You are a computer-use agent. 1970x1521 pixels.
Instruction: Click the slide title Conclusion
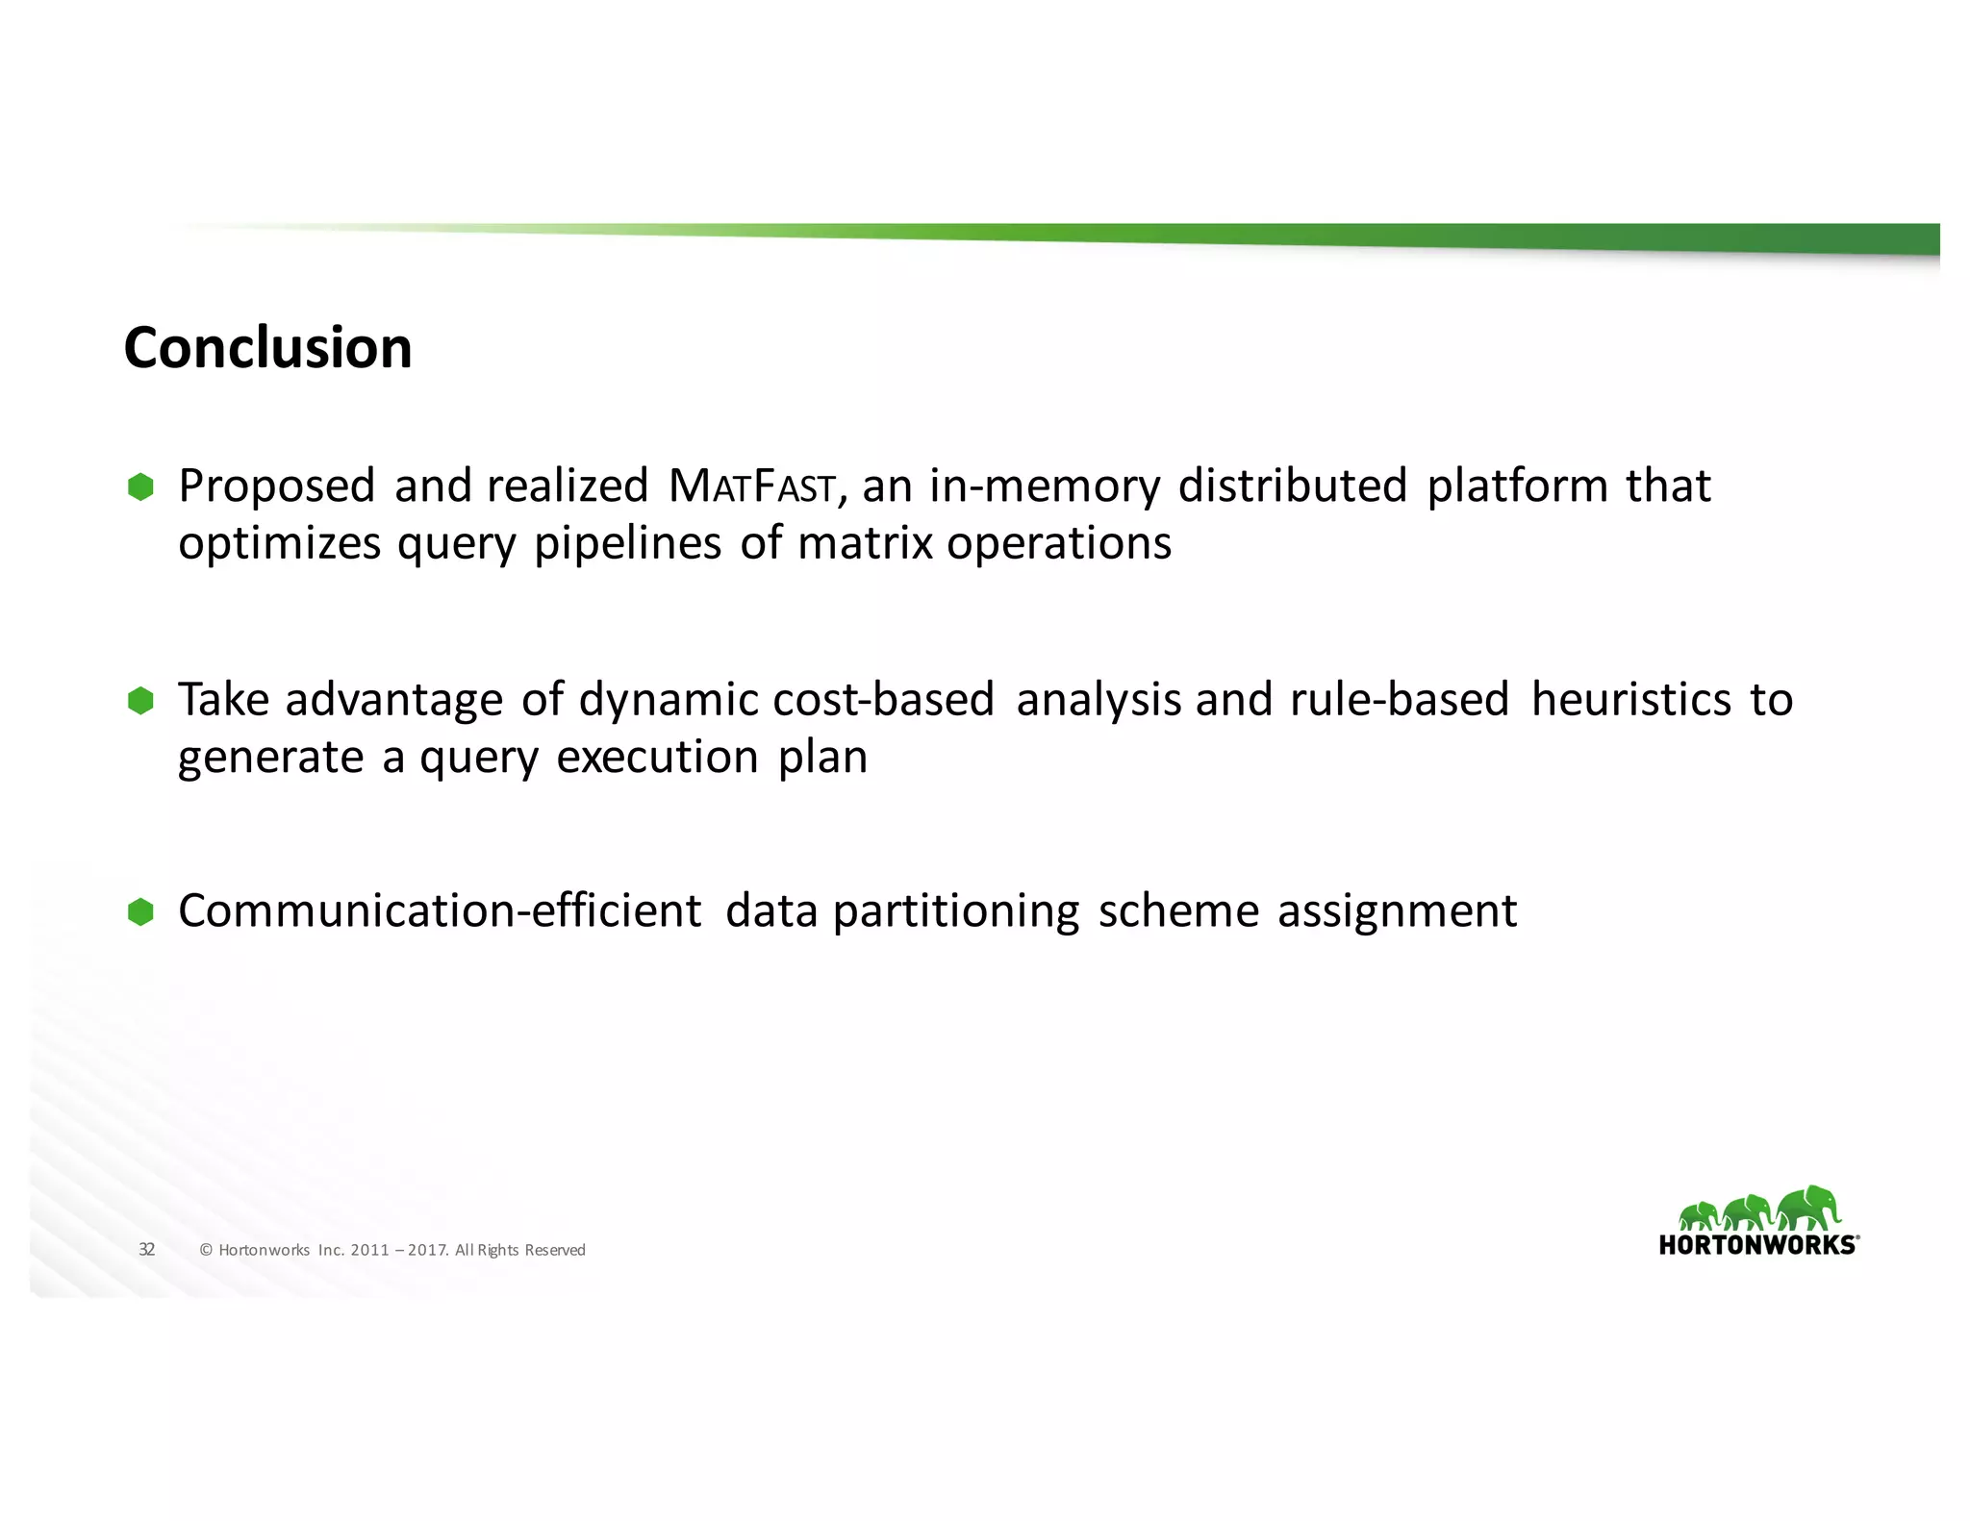point(267,347)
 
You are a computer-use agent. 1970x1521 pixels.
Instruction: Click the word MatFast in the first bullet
point(752,486)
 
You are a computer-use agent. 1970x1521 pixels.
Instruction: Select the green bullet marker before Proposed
point(140,487)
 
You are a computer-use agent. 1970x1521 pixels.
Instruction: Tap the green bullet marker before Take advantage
point(140,701)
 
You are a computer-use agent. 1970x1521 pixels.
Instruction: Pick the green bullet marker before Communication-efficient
point(140,912)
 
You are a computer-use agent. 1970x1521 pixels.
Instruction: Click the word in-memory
point(1045,486)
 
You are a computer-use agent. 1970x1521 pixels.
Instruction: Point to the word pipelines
point(627,544)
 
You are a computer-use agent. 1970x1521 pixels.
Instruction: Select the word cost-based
point(882,699)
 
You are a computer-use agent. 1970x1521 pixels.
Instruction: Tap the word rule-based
point(1399,699)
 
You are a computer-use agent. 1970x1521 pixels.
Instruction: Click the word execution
point(657,758)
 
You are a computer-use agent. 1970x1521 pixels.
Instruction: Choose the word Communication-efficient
point(440,910)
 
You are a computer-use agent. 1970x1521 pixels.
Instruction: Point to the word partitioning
point(956,912)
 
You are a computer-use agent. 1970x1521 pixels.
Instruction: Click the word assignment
point(1397,912)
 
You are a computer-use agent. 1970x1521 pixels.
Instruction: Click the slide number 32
point(146,1249)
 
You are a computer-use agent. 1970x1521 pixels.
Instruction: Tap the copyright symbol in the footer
point(205,1250)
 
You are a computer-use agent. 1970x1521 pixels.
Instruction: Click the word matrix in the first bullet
point(865,544)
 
